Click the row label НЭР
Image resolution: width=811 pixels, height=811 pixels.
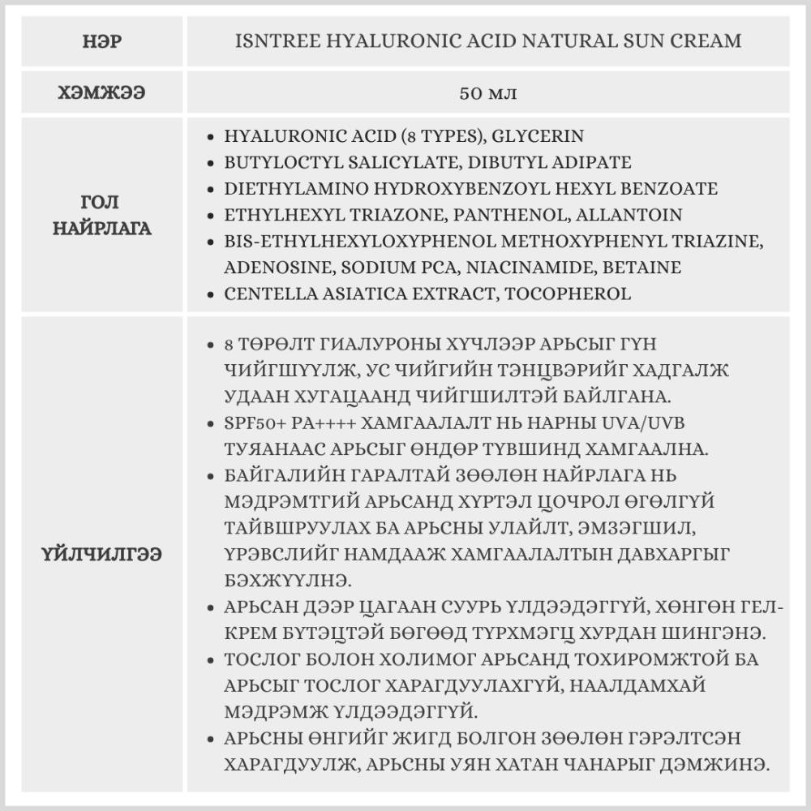click(x=102, y=40)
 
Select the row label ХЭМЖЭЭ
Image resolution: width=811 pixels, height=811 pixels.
click(x=102, y=92)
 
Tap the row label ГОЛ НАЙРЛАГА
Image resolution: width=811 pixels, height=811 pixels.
click(x=102, y=214)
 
